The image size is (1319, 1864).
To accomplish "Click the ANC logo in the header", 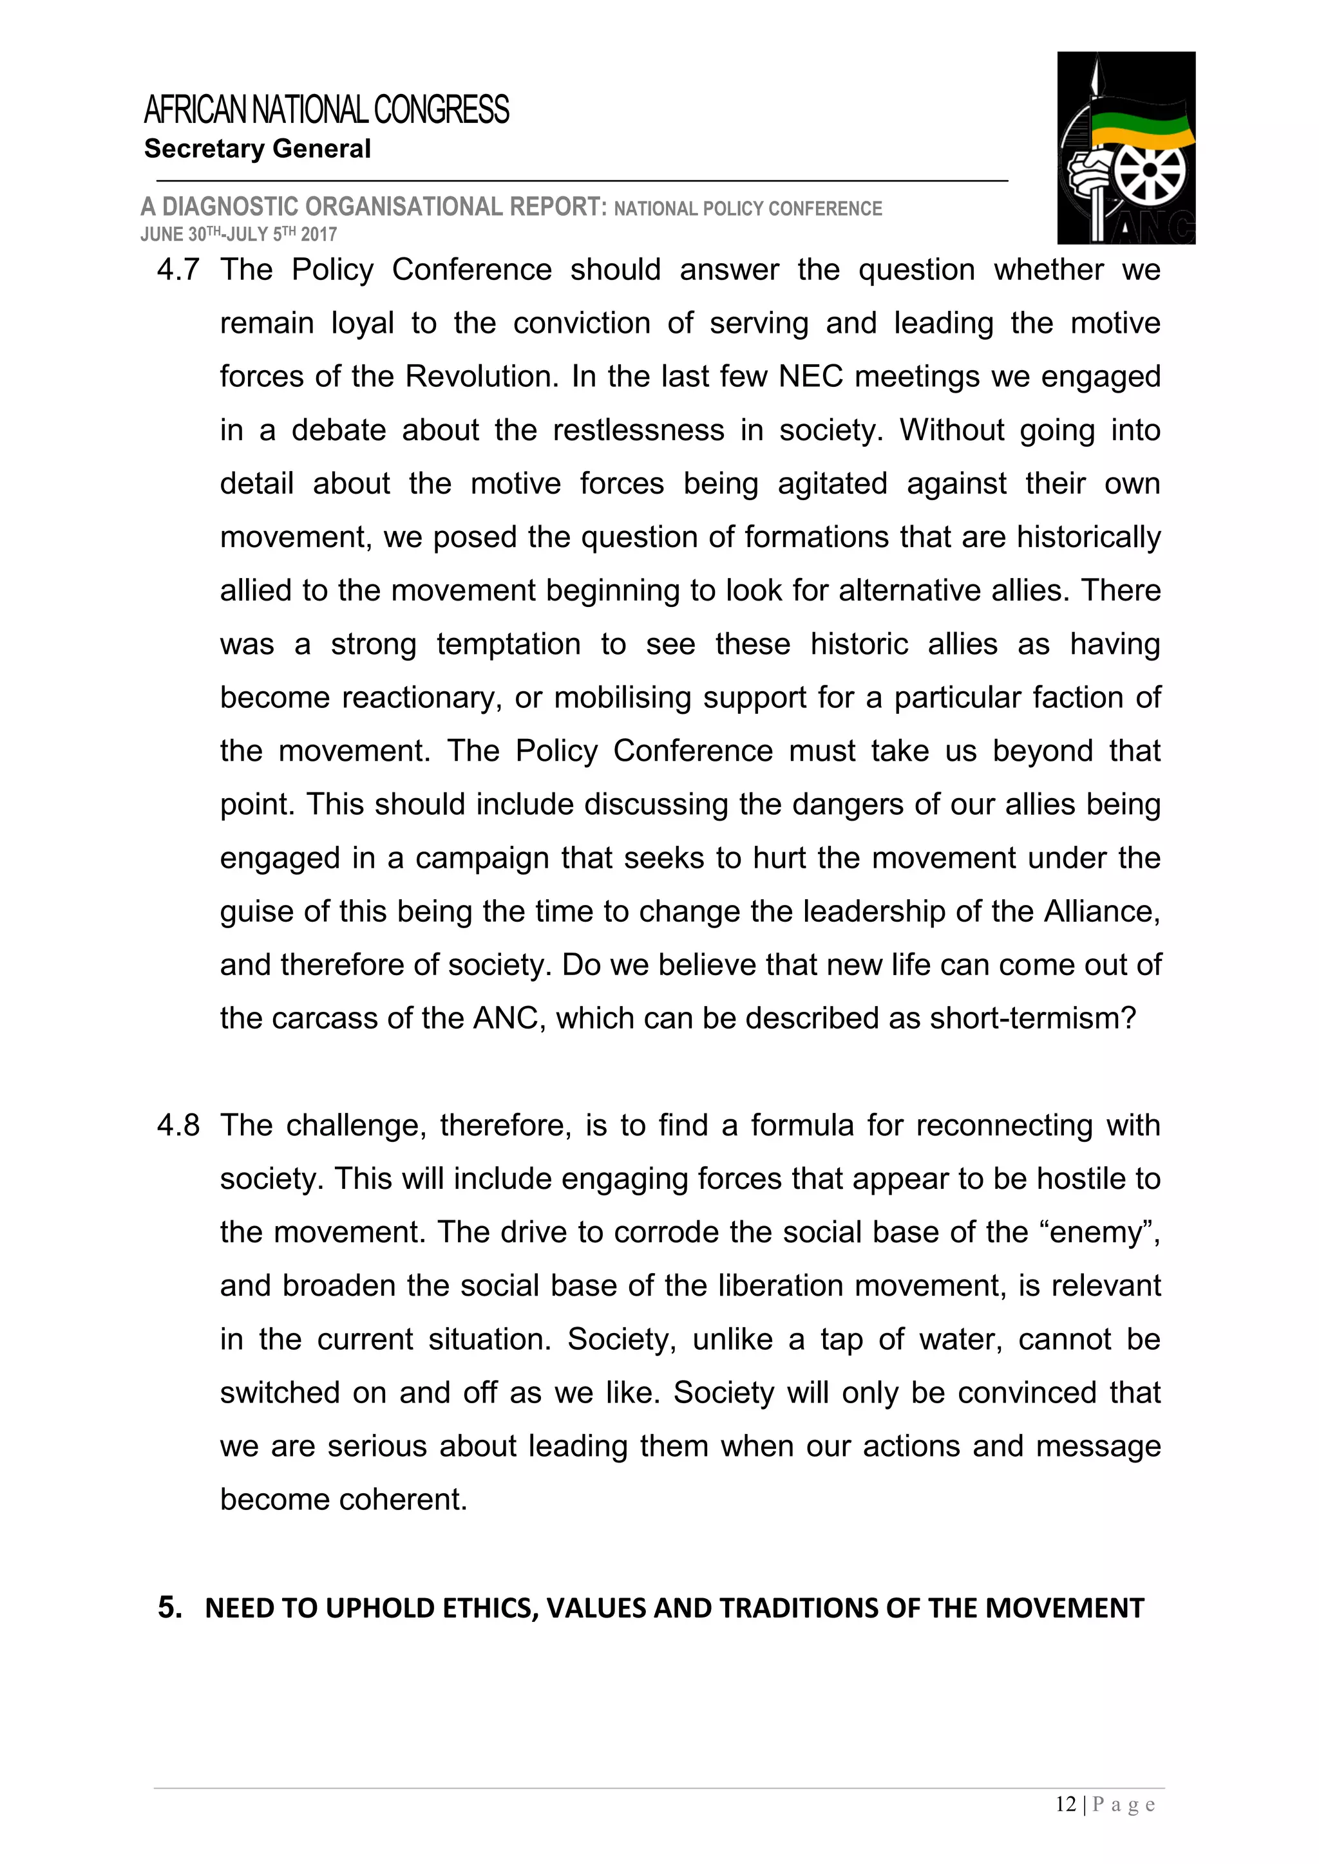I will point(1126,148).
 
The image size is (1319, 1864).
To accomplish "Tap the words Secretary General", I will point(258,149).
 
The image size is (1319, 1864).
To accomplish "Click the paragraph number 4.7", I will point(178,270).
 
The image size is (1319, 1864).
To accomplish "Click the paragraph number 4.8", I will point(178,1125).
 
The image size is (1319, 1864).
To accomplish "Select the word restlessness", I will point(638,431).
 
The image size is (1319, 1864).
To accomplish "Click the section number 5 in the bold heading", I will point(168,1607).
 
